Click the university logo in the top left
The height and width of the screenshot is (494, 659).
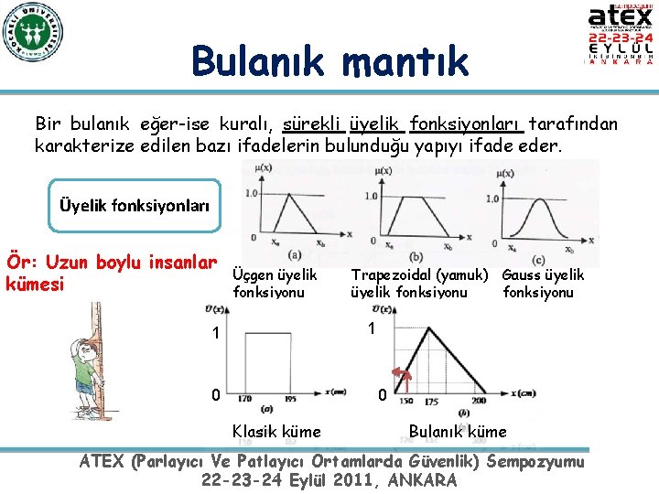34,37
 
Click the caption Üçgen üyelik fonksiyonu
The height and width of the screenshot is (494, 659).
275,284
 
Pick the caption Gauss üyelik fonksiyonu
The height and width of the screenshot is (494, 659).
543,284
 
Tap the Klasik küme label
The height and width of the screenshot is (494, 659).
276,432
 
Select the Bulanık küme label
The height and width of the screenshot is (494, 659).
457,432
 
